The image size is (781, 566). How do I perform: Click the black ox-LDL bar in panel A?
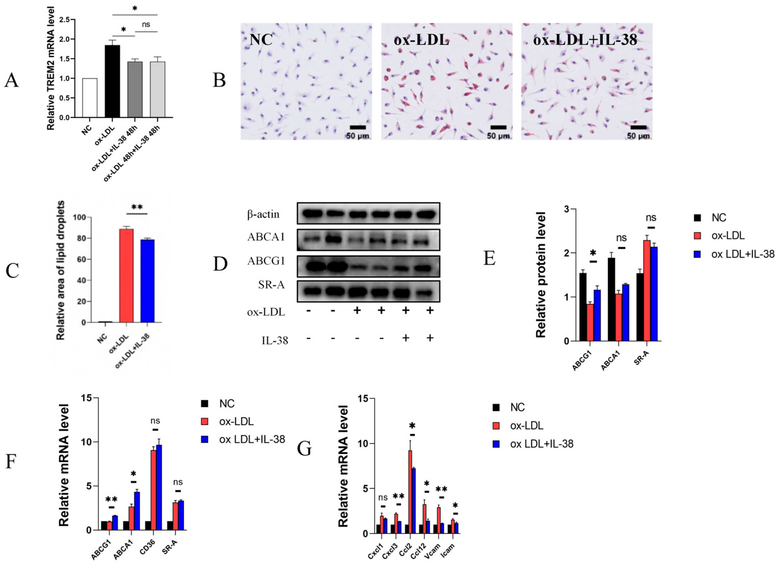112,81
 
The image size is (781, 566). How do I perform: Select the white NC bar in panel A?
90,98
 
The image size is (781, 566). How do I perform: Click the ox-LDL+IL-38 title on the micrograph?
585,40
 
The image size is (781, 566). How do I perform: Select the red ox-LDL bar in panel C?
126,276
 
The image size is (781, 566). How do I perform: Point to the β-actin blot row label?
263,214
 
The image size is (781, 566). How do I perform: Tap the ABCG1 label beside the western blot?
266,261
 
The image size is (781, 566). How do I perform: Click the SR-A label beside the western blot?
271,285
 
